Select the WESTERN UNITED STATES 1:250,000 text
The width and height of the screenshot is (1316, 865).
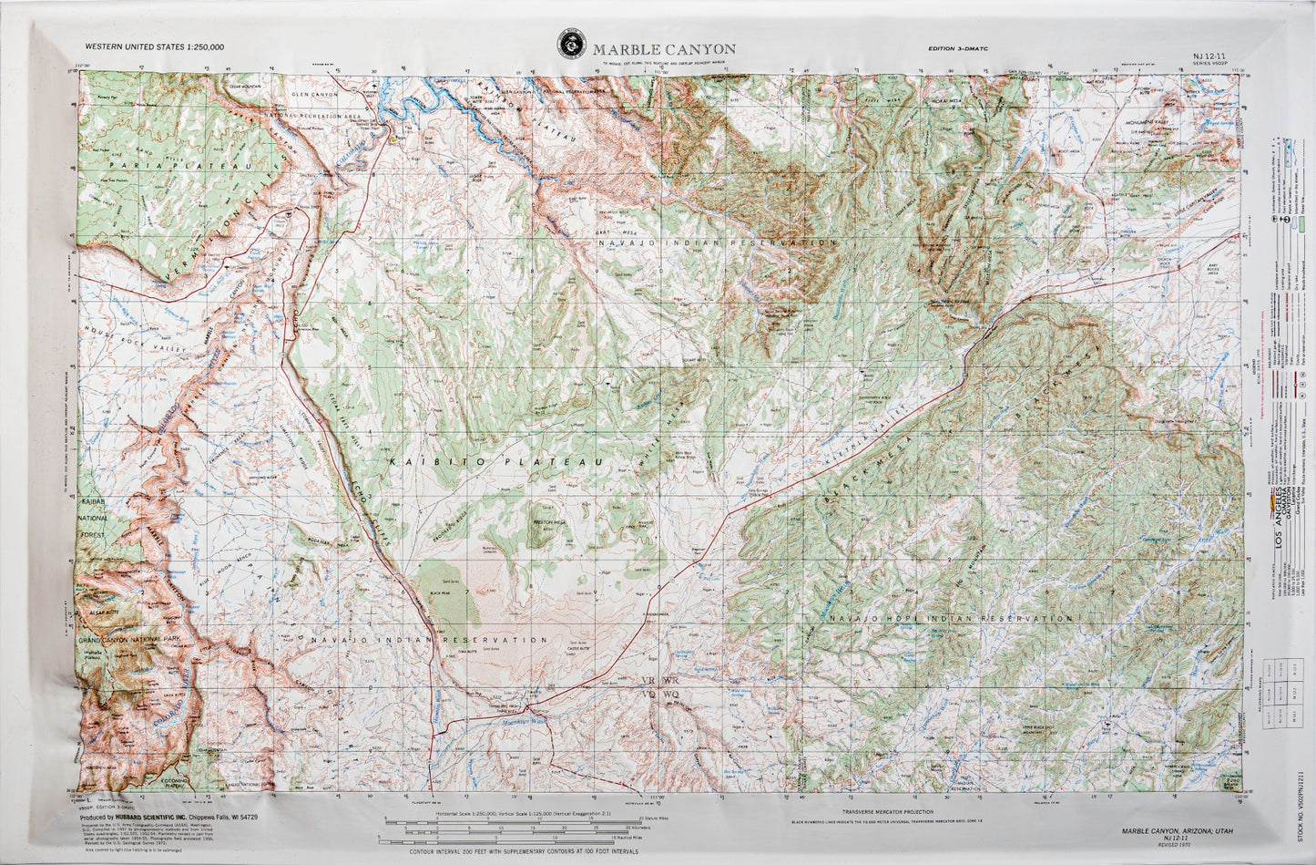click(154, 46)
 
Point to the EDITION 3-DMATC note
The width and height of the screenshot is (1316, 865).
click(960, 48)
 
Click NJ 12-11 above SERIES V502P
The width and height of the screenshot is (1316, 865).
click(1208, 56)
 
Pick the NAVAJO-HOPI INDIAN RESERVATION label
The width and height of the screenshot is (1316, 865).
click(943, 619)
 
